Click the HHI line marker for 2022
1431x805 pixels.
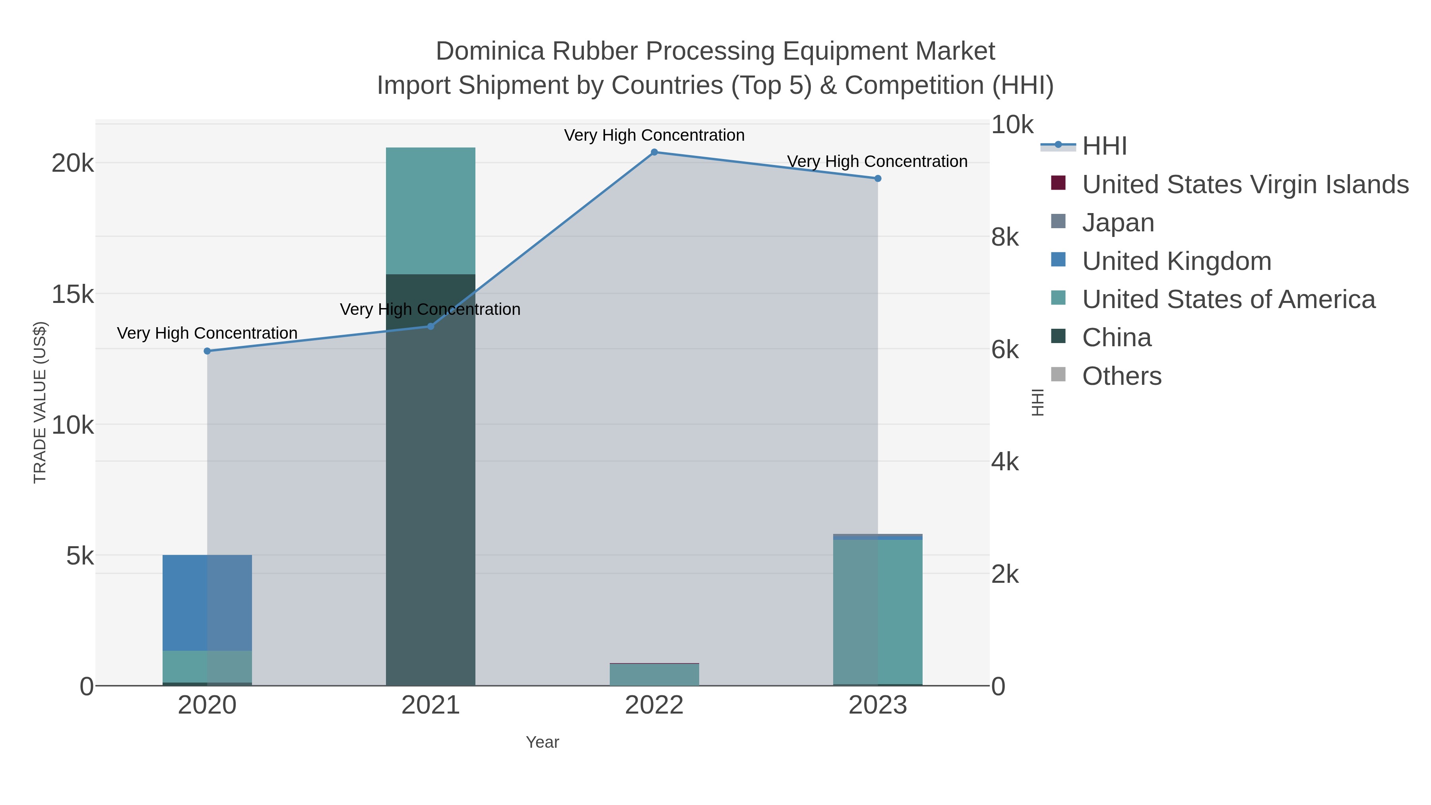pos(654,152)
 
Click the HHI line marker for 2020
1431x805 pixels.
pos(207,351)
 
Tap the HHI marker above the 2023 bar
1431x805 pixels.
pos(878,178)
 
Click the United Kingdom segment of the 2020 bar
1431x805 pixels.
pos(207,603)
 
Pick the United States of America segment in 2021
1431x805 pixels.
pos(430,211)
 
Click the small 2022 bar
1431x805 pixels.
pos(654,675)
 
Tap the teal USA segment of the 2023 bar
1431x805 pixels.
pos(878,611)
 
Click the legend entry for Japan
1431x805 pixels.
pos(1118,223)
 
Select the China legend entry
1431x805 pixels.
pos(1116,338)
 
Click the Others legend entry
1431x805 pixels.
pos(1121,376)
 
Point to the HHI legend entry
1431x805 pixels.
pos(1104,146)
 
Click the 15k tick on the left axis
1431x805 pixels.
pos(73,295)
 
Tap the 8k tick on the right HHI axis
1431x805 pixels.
pos(1005,237)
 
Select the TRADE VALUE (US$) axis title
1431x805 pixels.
pos(40,402)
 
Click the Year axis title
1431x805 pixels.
pos(542,742)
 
